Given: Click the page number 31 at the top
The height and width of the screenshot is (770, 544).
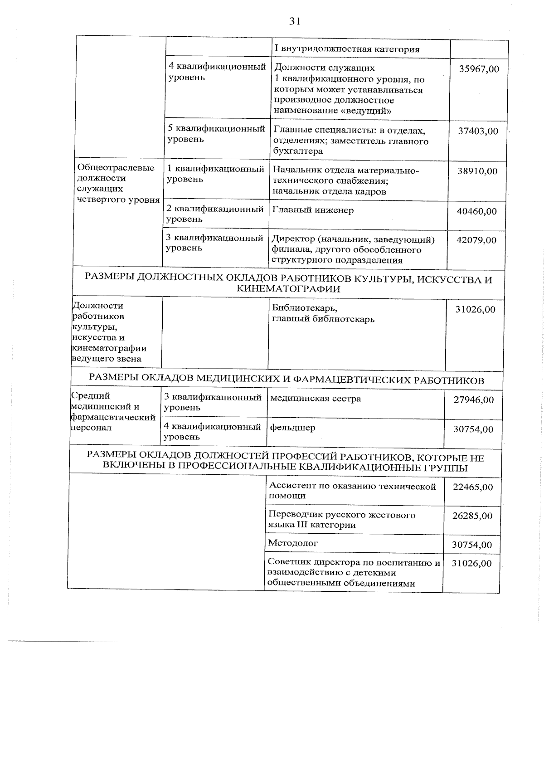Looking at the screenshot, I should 295,22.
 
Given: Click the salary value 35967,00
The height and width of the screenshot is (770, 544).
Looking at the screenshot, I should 479,69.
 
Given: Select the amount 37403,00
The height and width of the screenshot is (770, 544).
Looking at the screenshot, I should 478,131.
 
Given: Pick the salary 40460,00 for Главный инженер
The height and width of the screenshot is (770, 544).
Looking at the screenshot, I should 476,211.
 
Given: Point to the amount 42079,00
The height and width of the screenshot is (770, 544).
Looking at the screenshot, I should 476,240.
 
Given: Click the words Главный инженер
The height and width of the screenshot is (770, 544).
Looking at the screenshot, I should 313,210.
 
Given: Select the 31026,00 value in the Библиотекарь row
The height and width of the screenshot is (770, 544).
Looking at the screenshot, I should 475,310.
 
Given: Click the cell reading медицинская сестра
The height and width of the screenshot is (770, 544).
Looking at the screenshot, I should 316,399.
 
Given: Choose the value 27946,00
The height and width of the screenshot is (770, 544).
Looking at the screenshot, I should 474,400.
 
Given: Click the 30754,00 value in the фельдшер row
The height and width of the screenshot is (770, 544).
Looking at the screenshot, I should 473,429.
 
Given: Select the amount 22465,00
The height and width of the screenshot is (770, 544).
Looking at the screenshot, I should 473,487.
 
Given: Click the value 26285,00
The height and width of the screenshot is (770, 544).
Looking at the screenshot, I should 472,516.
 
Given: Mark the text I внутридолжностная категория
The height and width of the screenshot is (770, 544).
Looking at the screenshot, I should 347,49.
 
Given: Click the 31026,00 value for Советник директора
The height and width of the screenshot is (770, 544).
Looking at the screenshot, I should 471,563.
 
